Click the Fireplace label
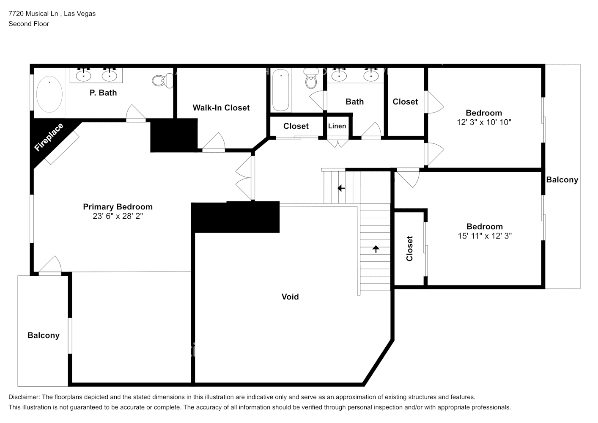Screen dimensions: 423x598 click(49, 137)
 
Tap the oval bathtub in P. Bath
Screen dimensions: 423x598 click(49, 94)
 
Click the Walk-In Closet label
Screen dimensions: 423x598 click(221, 108)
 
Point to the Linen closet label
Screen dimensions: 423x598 click(337, 126)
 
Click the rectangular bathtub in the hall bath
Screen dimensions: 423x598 click(281, 90)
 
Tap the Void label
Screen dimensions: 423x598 click(290, 297)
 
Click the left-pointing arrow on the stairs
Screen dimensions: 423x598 click(341, 188)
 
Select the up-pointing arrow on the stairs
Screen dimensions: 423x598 click(376, 249)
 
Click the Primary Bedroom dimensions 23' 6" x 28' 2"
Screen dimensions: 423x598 click(118, 216)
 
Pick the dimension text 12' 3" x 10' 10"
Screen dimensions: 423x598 click(484, 122)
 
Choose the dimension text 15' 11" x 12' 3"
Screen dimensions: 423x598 click(485, 236)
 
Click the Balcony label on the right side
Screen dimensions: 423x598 click(562, 180)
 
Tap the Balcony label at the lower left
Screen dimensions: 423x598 click(44, 335)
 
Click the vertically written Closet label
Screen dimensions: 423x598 click(409, 248)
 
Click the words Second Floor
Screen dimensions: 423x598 click(29, 24)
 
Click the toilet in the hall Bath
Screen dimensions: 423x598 click(311, 79)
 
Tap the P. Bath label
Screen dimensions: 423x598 click(103, 93)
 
